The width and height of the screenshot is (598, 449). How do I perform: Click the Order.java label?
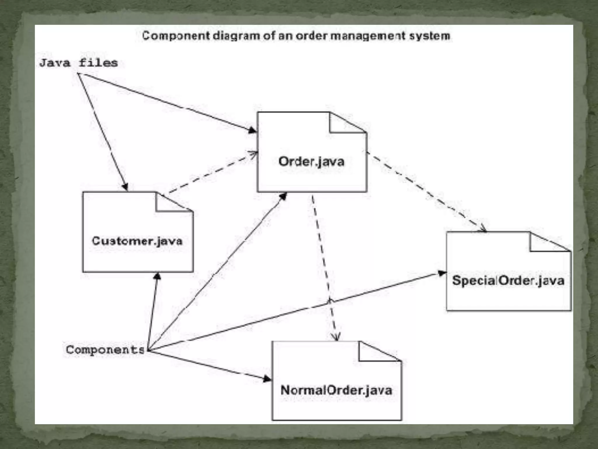311,162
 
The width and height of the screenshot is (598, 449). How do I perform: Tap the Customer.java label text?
137,241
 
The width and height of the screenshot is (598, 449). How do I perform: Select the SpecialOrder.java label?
508,281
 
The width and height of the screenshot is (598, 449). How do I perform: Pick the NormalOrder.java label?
336,391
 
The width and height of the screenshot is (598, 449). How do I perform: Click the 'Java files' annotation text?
79,63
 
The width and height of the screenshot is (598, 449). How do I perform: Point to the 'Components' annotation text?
105,350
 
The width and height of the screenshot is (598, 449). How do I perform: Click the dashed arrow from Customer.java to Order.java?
210,173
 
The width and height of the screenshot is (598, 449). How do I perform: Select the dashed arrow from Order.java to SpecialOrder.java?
426,191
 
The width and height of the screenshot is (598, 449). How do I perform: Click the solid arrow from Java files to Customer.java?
102,132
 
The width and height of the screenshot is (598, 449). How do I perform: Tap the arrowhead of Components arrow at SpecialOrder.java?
442,273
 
